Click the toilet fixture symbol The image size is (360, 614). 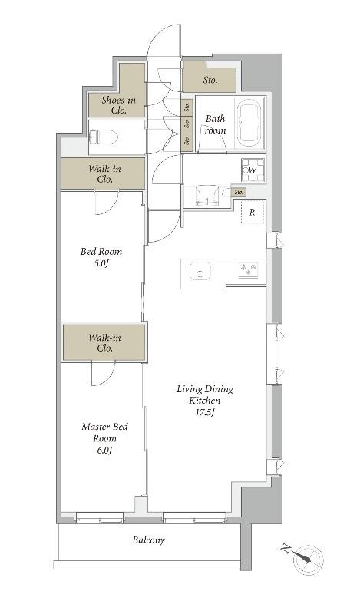click(104, 137)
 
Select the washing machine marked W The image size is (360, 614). click(253, 170)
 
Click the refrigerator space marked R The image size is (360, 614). click(253, 213)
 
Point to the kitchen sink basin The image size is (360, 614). click(200, 271)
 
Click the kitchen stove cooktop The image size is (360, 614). click(249, 270)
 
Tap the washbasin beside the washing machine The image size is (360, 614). click(206, 196)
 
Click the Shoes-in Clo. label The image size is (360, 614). click(118, 105)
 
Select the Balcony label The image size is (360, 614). click(148, 540)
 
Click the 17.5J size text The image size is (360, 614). click(204, 412)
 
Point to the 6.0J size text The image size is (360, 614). click(104, 451)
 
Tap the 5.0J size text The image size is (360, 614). click(101, 262)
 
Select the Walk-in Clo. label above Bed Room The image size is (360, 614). click(104, 174)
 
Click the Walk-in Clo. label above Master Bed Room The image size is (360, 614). click(104, 342)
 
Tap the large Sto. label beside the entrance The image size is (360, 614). click(210, 81)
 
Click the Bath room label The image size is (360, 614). click(216, 124)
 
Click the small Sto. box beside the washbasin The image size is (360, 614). click(239, 193)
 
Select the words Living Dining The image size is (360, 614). click(204, 389)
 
